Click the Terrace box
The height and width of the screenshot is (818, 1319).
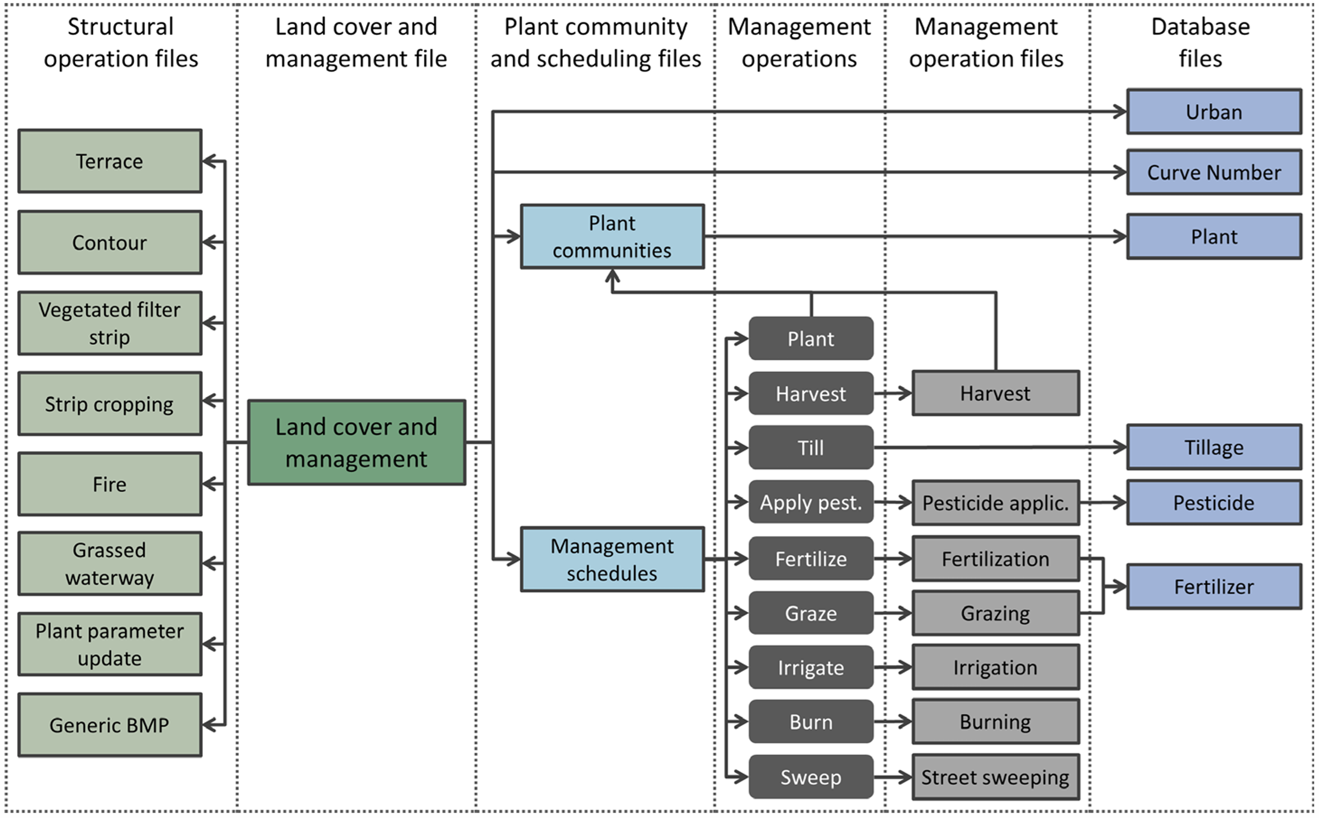(110, 161)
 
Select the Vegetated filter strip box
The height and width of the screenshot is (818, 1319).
(110, 324)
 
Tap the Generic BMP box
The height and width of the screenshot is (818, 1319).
(110, 725)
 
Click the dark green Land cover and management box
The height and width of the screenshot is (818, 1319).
(356, 443)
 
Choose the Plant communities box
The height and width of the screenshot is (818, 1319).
(612, 236)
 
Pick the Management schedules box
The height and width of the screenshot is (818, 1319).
(612, 560)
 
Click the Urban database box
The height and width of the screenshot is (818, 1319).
(1214, 112)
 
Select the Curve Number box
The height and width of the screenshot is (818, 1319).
(1214, 173)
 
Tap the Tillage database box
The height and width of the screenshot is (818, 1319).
(1214, 448)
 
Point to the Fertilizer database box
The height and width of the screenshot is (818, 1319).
(1214, 587)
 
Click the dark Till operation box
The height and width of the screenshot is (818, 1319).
(811, 448)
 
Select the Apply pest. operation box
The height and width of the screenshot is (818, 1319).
(811, 503)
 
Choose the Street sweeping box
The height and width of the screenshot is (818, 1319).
(995, 777)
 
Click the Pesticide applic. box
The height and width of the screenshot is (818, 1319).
(995, 503)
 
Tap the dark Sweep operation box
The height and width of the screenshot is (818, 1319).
(811, 777)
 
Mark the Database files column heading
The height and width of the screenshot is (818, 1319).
(1201, 43)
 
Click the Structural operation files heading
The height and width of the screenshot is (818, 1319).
(121, 43)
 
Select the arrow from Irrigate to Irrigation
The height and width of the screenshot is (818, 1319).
(893, 667)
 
